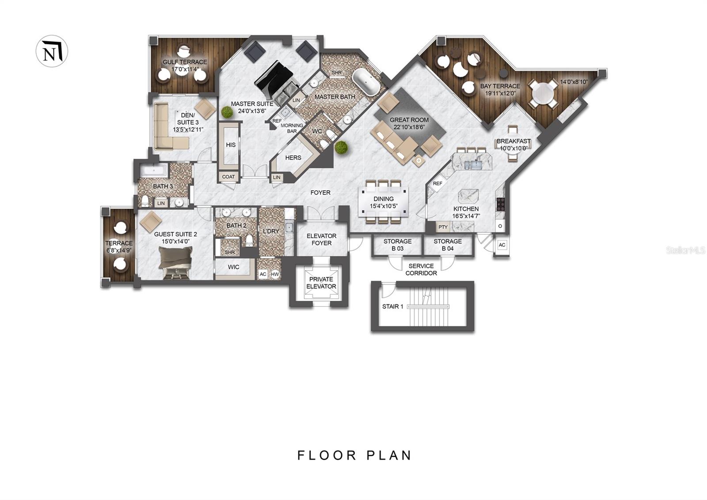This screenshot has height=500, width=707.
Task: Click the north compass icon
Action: click(52, 51)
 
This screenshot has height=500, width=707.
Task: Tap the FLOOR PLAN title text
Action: click(354, 455)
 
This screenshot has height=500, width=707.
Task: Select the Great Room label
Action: click(409, 120)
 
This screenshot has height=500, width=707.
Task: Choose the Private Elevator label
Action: click(321, 283)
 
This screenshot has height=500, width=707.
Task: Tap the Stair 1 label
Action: click(393, 306)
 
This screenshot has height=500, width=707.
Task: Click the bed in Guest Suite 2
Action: click(176, 262)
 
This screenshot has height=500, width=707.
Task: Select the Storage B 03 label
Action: click(397, 245)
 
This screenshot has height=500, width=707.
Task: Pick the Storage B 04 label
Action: click(448, 245)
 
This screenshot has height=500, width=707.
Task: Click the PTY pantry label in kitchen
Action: click(443, 227)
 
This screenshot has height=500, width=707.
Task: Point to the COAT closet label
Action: click(228, 177)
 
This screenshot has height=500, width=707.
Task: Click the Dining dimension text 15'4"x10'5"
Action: click(383, 206)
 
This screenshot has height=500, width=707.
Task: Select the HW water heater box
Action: click(275, 274)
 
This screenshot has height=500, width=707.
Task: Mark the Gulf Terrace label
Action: click(185, 62)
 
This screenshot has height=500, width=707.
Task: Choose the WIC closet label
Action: click(234, 267)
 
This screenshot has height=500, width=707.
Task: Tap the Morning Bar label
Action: click(292, 128)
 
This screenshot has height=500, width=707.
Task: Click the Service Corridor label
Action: click(421, 269)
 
